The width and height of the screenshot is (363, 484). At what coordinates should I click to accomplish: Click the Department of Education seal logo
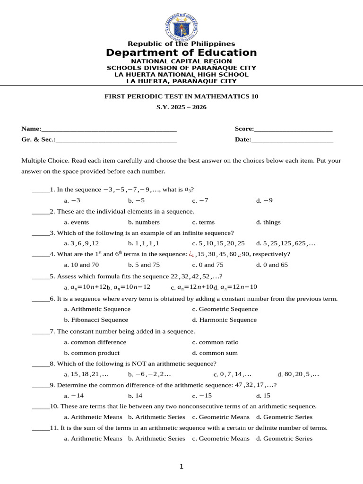pyautogui.click(x=181, y=26)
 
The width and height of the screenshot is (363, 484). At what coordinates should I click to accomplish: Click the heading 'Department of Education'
pyautogui.click(x=181, y=52)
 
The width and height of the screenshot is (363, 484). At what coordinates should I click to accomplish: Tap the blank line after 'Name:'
pyautogui.click(x=109, y=129)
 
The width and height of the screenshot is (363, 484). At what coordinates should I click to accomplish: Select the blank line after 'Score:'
pyautogui.click(x=293, y=129)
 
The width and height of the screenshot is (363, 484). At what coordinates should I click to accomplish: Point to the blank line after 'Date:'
pyautogui.click(x=292, y=140)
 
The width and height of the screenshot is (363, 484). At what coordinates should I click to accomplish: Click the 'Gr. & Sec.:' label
pyautogui.click(x=38, y=139)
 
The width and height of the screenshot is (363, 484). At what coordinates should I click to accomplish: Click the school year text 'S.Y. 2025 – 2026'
pyautogui.click(x=181, y=107)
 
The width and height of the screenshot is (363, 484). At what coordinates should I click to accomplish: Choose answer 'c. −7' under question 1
pyautogui.click(x=200, y=200)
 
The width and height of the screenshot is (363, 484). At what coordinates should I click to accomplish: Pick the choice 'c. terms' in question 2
pyautogui.click(x=203, y=222)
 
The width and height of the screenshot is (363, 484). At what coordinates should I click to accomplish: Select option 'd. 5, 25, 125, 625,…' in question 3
pyautogui.click(x=286, y=243)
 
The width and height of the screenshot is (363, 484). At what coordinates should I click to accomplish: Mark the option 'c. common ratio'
pyautogui.click(x=216, y=342)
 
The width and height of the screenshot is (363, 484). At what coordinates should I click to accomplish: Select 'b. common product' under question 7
pyautogui.click(x=92, y=353)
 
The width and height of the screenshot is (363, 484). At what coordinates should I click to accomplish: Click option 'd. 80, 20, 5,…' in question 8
pyautogui.click(x=298, y=374)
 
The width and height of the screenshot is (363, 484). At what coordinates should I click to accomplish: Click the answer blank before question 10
pyautogui.click(x=41, y=407)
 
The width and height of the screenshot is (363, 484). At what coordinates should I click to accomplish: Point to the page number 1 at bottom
pyautogui.click(x=181, y=467)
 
